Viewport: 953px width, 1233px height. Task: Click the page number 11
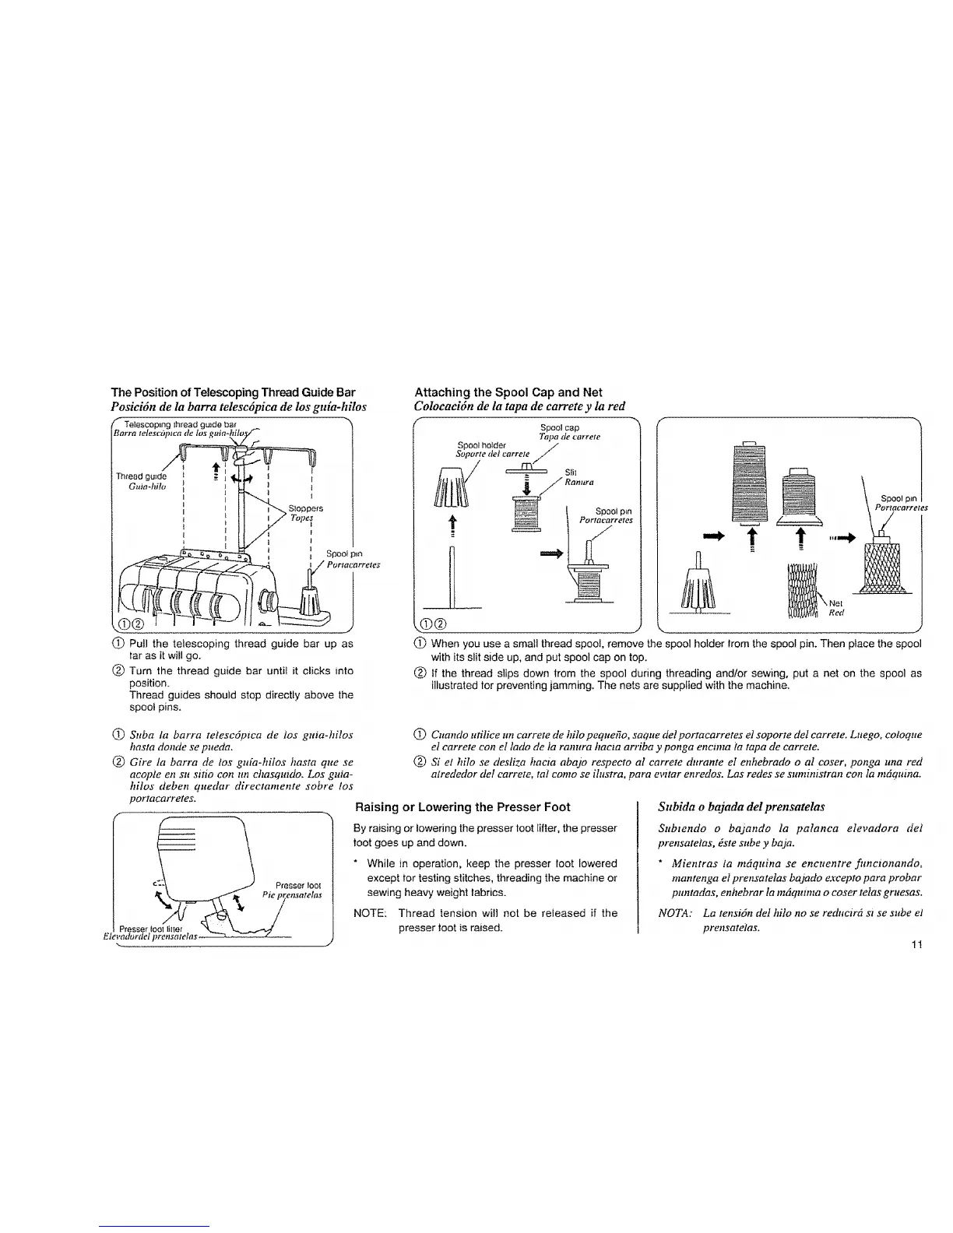pos(916,945)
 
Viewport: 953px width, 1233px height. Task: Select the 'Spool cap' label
pos(554,427)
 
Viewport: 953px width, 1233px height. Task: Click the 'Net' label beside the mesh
pos(835,602)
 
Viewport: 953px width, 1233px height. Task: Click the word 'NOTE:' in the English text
pos(369,913)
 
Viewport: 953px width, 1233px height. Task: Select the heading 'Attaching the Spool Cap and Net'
pos(508,392)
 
